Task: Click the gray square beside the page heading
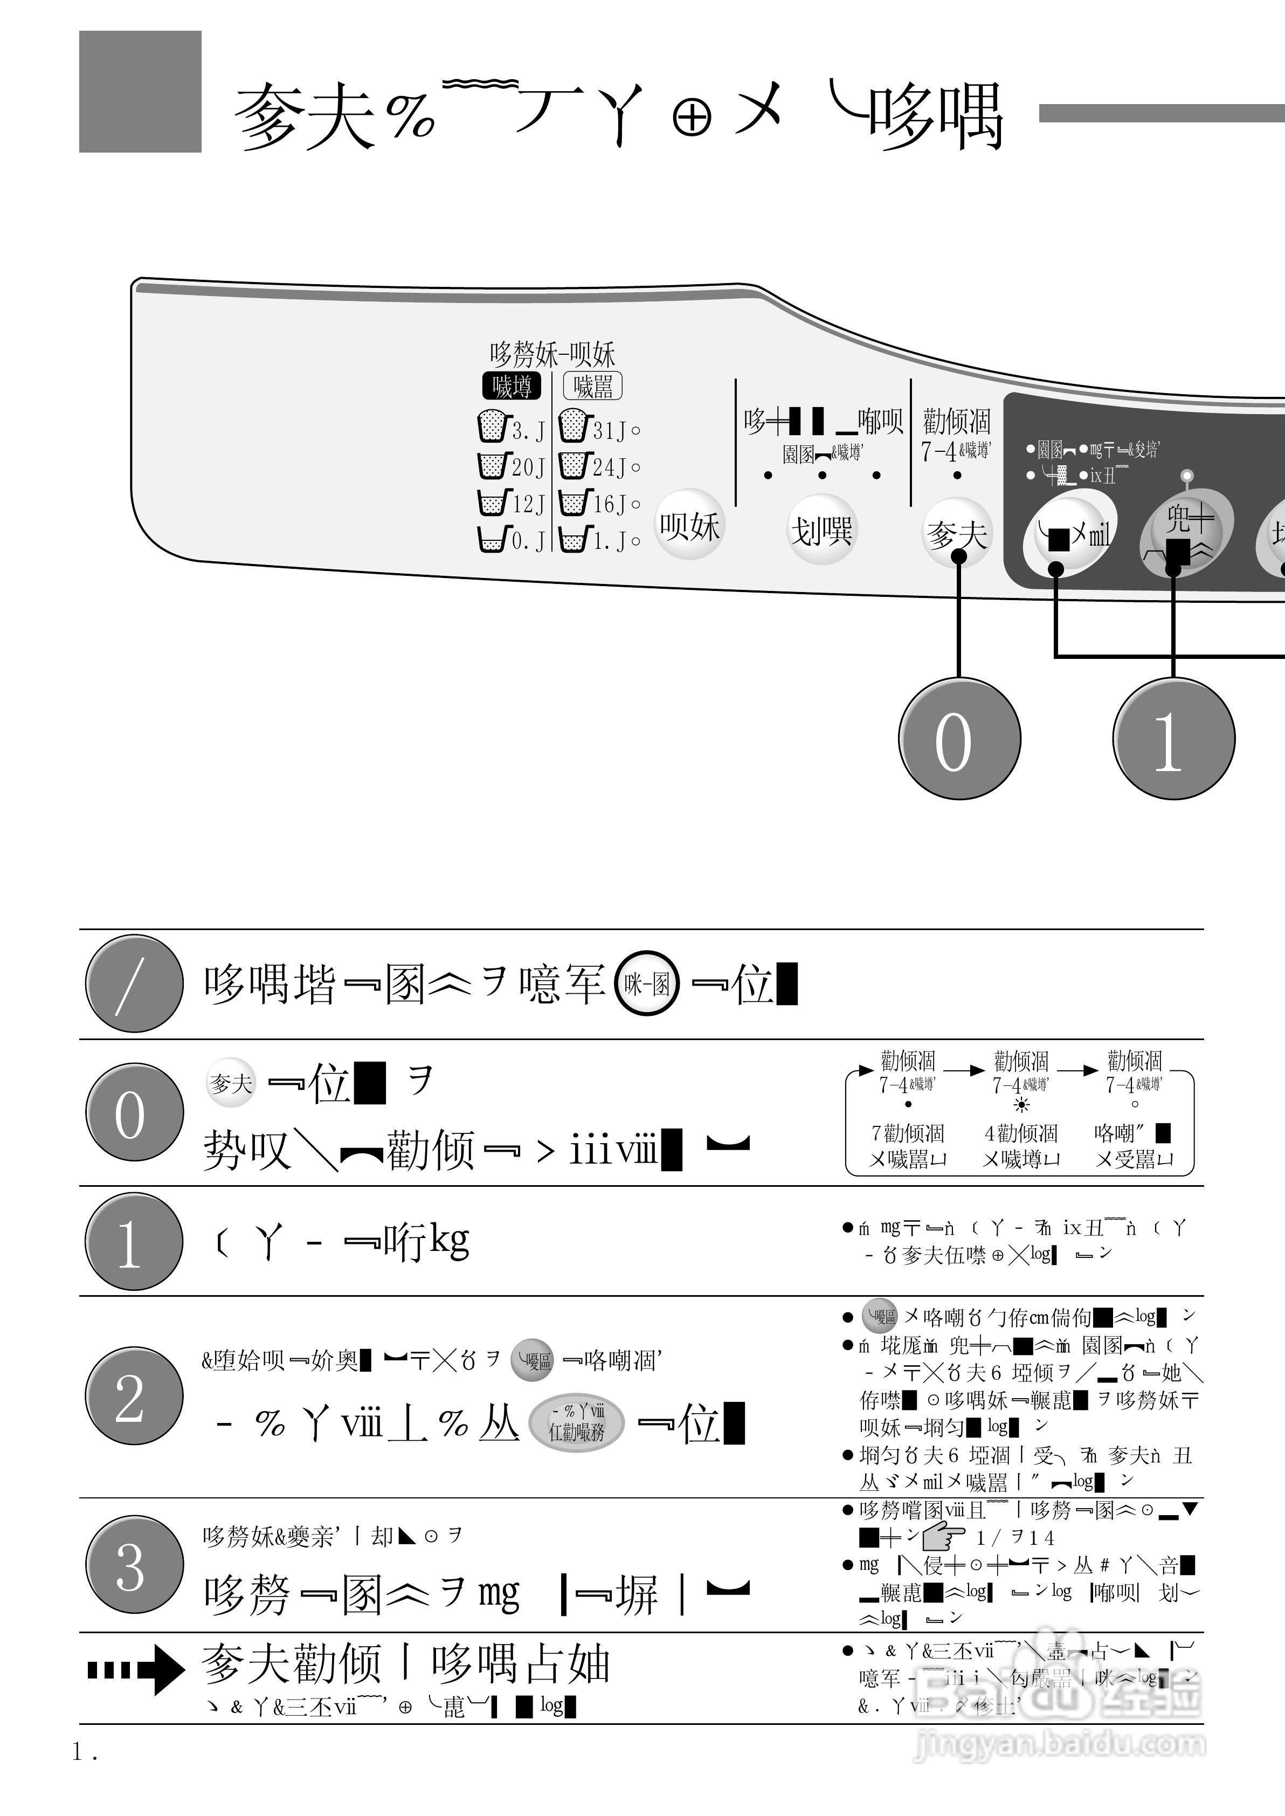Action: click(140, 92)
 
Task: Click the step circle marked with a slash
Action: click(134, 983)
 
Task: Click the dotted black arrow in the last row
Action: click(135, 1670)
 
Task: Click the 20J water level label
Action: click(528, 467)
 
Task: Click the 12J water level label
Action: click(528, 504)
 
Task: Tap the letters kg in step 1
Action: click(448, 1241)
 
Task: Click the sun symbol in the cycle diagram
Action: click(1021, 1105)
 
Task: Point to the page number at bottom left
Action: click(85, 1752)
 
